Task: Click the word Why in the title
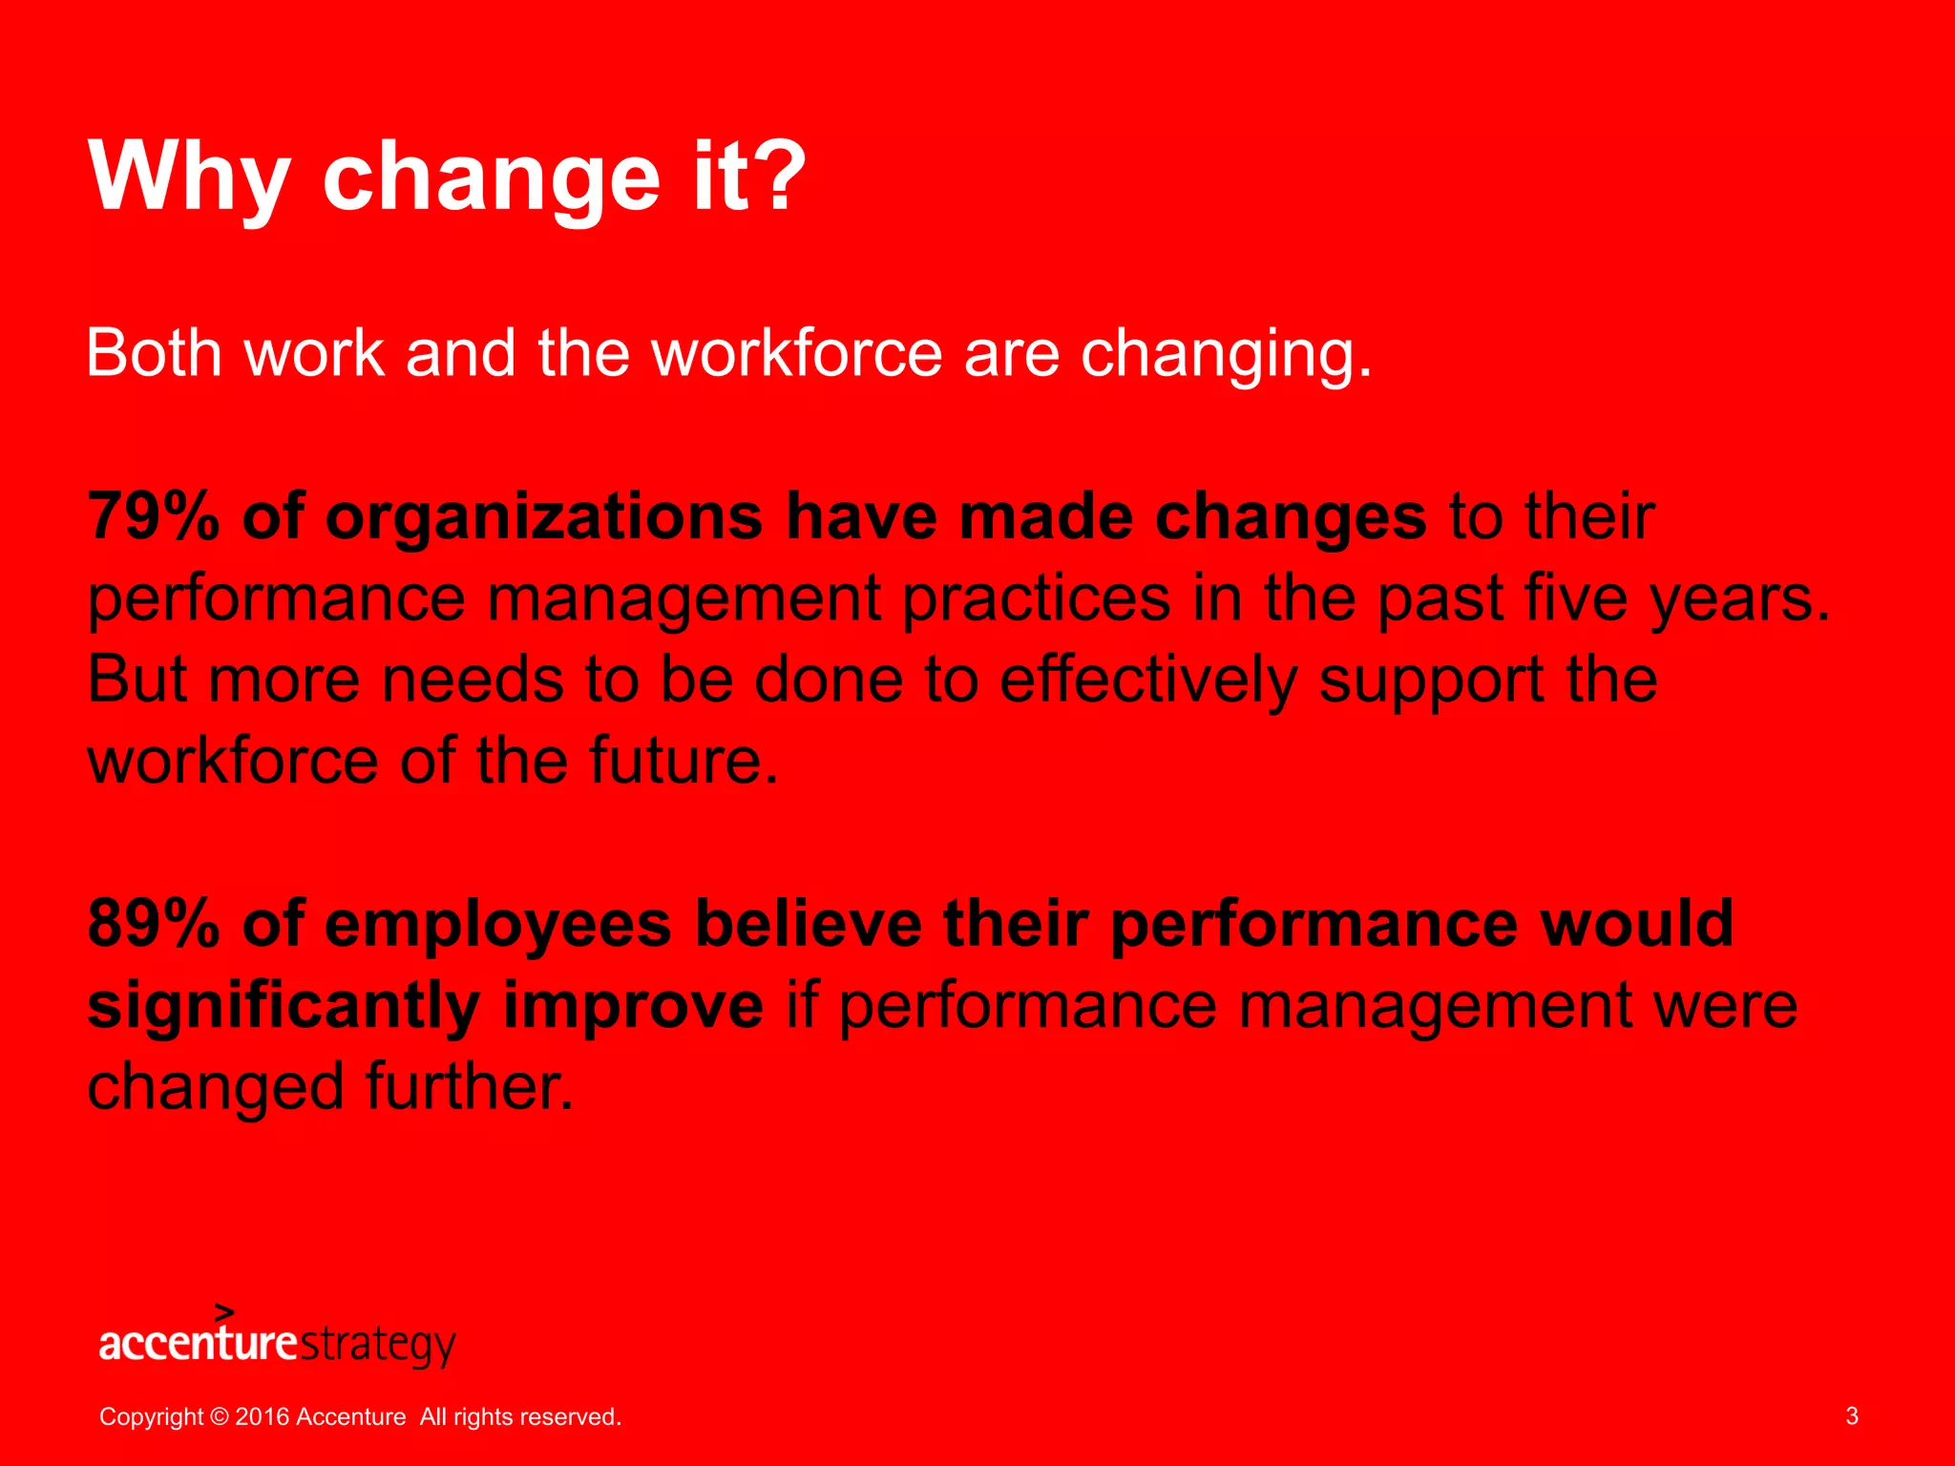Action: pos(189,178)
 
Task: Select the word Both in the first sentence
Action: pos(154,352)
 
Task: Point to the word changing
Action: pos(1226,355)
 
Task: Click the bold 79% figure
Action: pos(153,516)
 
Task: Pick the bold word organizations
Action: pos(544,518)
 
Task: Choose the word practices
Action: pos(1036,599)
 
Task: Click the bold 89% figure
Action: pos(153,923)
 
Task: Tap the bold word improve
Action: pos(633,1007)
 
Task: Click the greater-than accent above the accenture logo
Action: pos(224,1311)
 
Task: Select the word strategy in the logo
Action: pos(378,1345)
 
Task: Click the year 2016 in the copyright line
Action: pos(262,1416)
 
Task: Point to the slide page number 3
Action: pos(1851,1415)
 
